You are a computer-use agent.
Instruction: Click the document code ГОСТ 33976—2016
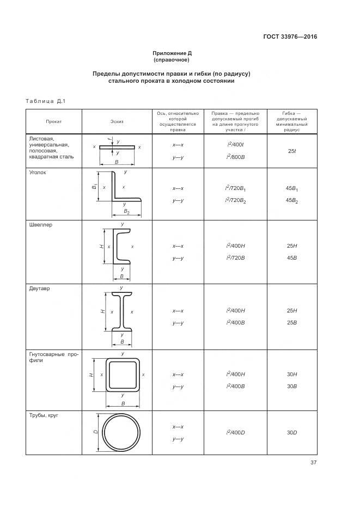pos(290,37)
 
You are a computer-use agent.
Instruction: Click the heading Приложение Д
pos(172,53)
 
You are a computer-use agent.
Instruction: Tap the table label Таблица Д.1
pos(45,101)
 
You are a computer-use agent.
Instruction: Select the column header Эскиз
pos(117,121)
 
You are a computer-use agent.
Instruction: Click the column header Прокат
pos(53,121)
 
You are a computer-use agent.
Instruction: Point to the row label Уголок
pos(38,172)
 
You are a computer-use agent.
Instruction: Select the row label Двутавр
pos(39,289)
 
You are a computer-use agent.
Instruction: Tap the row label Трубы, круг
pos(44,415)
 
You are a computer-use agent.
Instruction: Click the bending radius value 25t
pos(291,151)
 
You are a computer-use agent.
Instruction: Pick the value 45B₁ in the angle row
pos(291,189)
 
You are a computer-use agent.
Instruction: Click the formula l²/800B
pos(235,157)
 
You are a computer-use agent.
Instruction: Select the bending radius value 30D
pos(291,433)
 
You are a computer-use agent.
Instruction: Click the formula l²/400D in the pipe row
pos(235,433)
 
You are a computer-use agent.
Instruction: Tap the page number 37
pos(313,463)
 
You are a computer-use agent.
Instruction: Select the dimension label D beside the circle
pos(95,432)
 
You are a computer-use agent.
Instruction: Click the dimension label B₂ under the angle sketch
pos(126,211)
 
